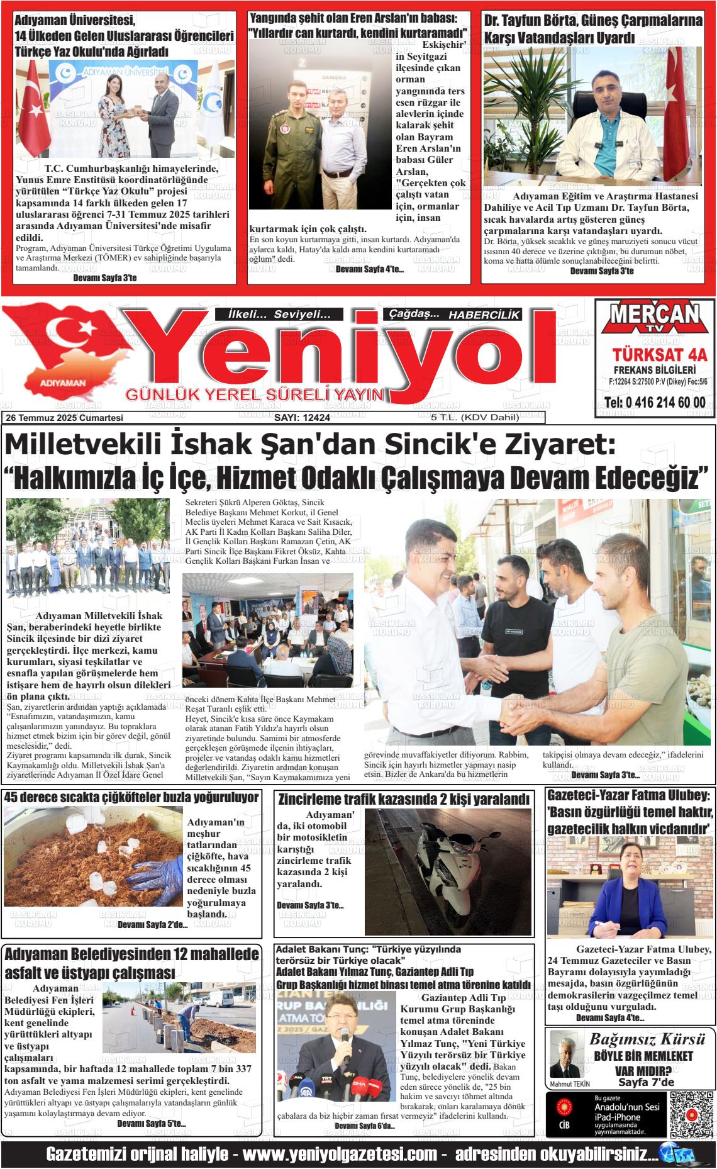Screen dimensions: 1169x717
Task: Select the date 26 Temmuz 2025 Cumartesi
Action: (64, 418)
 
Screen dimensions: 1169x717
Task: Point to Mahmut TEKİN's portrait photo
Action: (564, 1055)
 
